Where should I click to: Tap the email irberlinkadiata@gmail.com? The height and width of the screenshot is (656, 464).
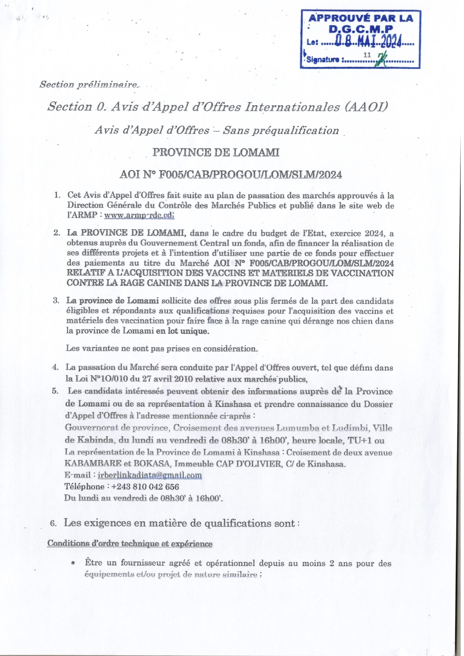(x=149, y=475)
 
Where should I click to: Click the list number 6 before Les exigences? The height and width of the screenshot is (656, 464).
(x=52, y=524)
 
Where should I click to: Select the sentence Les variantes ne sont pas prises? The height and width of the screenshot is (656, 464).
(x=162, y=348)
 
